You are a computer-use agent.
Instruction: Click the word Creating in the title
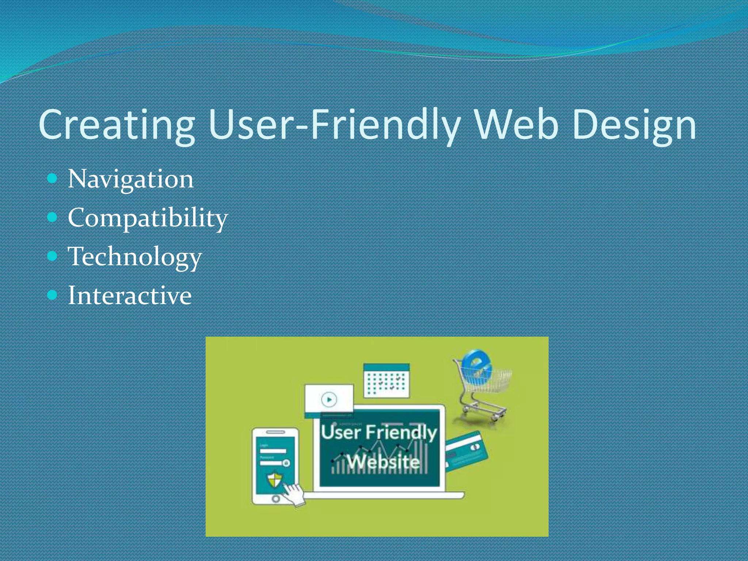pyautogui.click(x=117, y=125)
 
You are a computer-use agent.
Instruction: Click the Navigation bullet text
pyautogui.click(x=130, y=179)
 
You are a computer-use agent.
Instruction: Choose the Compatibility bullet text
pyautogui.click(x=148, y=218)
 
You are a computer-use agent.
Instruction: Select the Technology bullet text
pyautogui.click(x=134, y=256)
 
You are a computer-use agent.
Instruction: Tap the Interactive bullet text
pyautogui.click(x=130, y=295)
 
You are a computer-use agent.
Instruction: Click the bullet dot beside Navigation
pyautogui.click(x=53, y=178)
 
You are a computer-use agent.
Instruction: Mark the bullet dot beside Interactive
pyautogui.click(x=53, y=294)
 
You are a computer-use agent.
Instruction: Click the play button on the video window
pyautogui.click(x=329, y=399)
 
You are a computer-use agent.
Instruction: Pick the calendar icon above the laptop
pyautogui.click(x=387, y=381)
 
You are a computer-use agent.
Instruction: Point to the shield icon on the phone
pyautogui.click(x=275, y=479)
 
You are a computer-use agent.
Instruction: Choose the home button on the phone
pyautogui.click(x=276, y=499)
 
